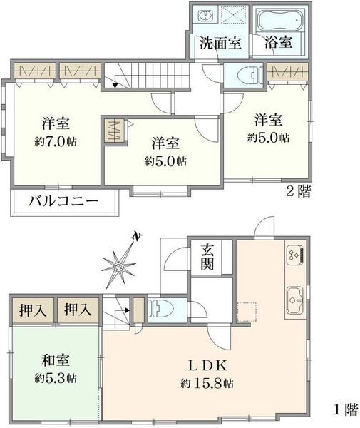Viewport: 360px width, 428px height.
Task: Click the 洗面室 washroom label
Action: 220,43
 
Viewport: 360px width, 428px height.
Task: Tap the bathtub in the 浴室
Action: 280,20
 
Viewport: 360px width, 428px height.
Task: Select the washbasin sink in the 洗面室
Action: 204,15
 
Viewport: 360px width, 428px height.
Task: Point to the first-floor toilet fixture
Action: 161,309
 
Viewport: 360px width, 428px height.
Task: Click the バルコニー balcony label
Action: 63,202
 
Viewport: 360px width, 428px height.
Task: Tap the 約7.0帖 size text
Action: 56,142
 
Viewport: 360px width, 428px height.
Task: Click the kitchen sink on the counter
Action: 295,300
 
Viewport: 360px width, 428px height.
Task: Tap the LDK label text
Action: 207,366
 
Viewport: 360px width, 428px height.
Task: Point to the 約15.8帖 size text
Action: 207,384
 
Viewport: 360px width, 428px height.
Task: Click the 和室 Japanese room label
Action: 56,360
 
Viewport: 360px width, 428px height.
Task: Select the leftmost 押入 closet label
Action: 33,310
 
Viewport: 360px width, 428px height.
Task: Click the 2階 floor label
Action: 298,191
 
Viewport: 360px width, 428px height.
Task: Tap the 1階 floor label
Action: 346,409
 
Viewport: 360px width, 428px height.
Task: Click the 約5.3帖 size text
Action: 56,378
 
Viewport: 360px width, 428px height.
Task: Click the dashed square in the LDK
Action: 247,312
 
